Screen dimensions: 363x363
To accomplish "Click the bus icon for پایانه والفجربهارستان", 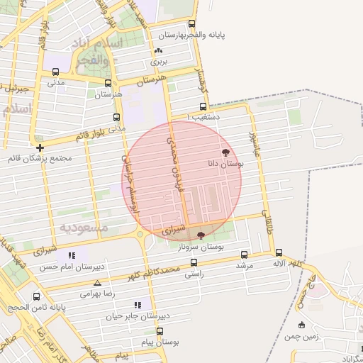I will pos(192,23).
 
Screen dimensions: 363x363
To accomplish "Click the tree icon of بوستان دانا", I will pos(225,152).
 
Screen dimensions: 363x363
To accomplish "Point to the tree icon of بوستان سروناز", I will pos(201,235).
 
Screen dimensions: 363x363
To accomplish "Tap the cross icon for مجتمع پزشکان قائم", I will pos(40,147).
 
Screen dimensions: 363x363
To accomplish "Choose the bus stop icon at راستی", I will pos(194,262).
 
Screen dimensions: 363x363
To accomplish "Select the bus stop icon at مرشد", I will pos(245,255).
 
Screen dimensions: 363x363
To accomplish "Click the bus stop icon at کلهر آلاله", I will pos(278,252).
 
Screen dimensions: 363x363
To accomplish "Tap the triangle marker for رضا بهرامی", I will pos(97,282).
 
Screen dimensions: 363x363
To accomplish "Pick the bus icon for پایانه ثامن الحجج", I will pos(36,297).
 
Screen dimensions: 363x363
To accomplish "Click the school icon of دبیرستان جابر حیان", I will pos(138,305).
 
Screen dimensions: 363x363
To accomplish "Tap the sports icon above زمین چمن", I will pos(303,325).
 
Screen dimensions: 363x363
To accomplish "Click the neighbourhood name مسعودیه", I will pos(83,228).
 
